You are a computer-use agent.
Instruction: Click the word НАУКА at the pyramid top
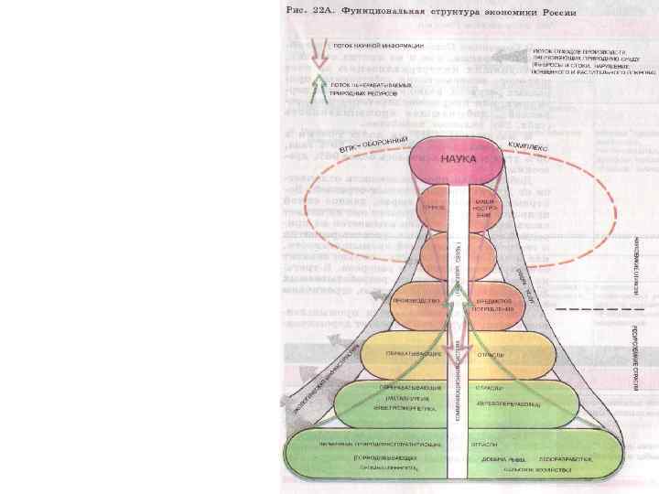coord(459,157)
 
